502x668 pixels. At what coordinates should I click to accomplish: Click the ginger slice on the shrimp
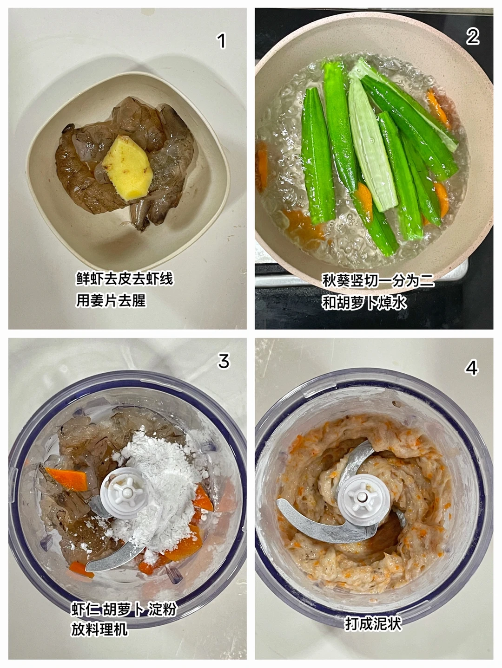(128, 168)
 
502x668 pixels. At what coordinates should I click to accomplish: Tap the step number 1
(221, 41)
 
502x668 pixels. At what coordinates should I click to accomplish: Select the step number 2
(472, 37)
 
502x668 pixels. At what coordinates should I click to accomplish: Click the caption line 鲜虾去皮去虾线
(124, 279)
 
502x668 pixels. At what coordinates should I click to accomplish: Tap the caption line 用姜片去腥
(111, 300)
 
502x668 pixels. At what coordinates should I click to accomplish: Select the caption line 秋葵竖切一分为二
(378, 280)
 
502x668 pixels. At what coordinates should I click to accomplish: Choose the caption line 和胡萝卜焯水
(364, 302)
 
